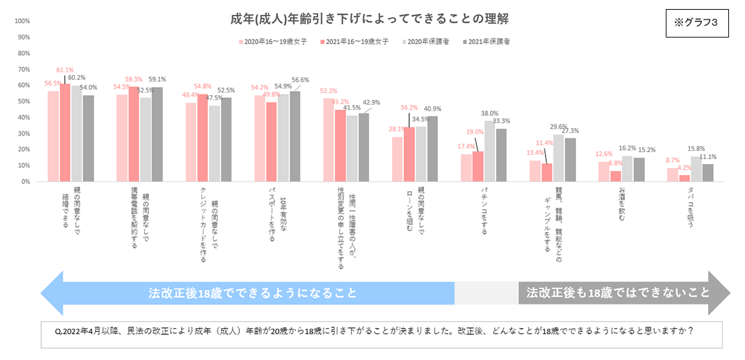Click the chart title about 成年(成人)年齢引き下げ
coord(374,17)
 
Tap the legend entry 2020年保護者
coord(425,42)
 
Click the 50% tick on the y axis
coord(22,101)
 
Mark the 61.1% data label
coord(65,70)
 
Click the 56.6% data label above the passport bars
coord(300,80)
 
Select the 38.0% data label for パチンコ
coord(490,113)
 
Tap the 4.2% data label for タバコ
coord(684,167)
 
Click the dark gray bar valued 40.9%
coord(432,149)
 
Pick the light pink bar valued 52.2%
coord(328,140)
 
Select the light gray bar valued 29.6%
coord(558,158)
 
